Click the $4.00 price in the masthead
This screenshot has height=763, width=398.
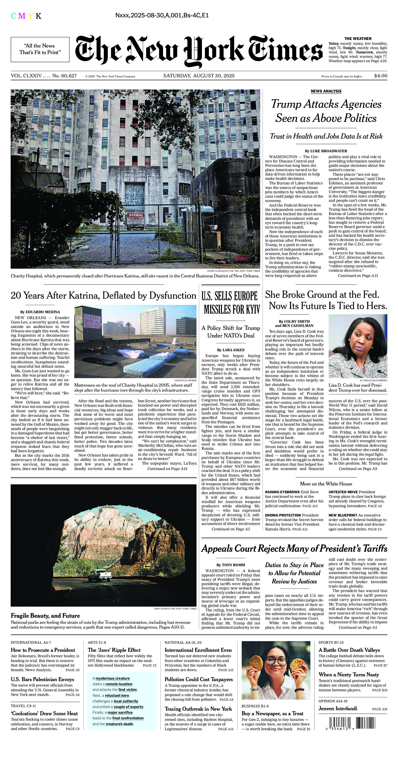(x=381, y=76)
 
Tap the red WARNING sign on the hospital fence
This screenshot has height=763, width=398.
(x=135, y=215)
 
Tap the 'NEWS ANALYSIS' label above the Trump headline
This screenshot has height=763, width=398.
(x=326, y=91)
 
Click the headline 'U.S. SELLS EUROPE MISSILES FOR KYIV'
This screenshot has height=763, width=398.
(x=231, y=303)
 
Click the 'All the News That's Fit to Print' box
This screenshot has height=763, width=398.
(x=40, y=49)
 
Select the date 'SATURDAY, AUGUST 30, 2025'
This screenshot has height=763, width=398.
(x=199, y=76)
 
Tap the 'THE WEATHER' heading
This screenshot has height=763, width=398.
(x=358, y=38)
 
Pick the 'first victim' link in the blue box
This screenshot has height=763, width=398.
(x=127, y=690)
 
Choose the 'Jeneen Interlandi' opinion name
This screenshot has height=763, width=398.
(x=338, y=708)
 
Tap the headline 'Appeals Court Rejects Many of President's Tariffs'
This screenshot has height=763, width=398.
(x=294, y=549)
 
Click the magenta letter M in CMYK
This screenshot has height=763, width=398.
(x=22, y=16)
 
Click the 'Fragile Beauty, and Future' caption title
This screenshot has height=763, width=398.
(x=45, y=616)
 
